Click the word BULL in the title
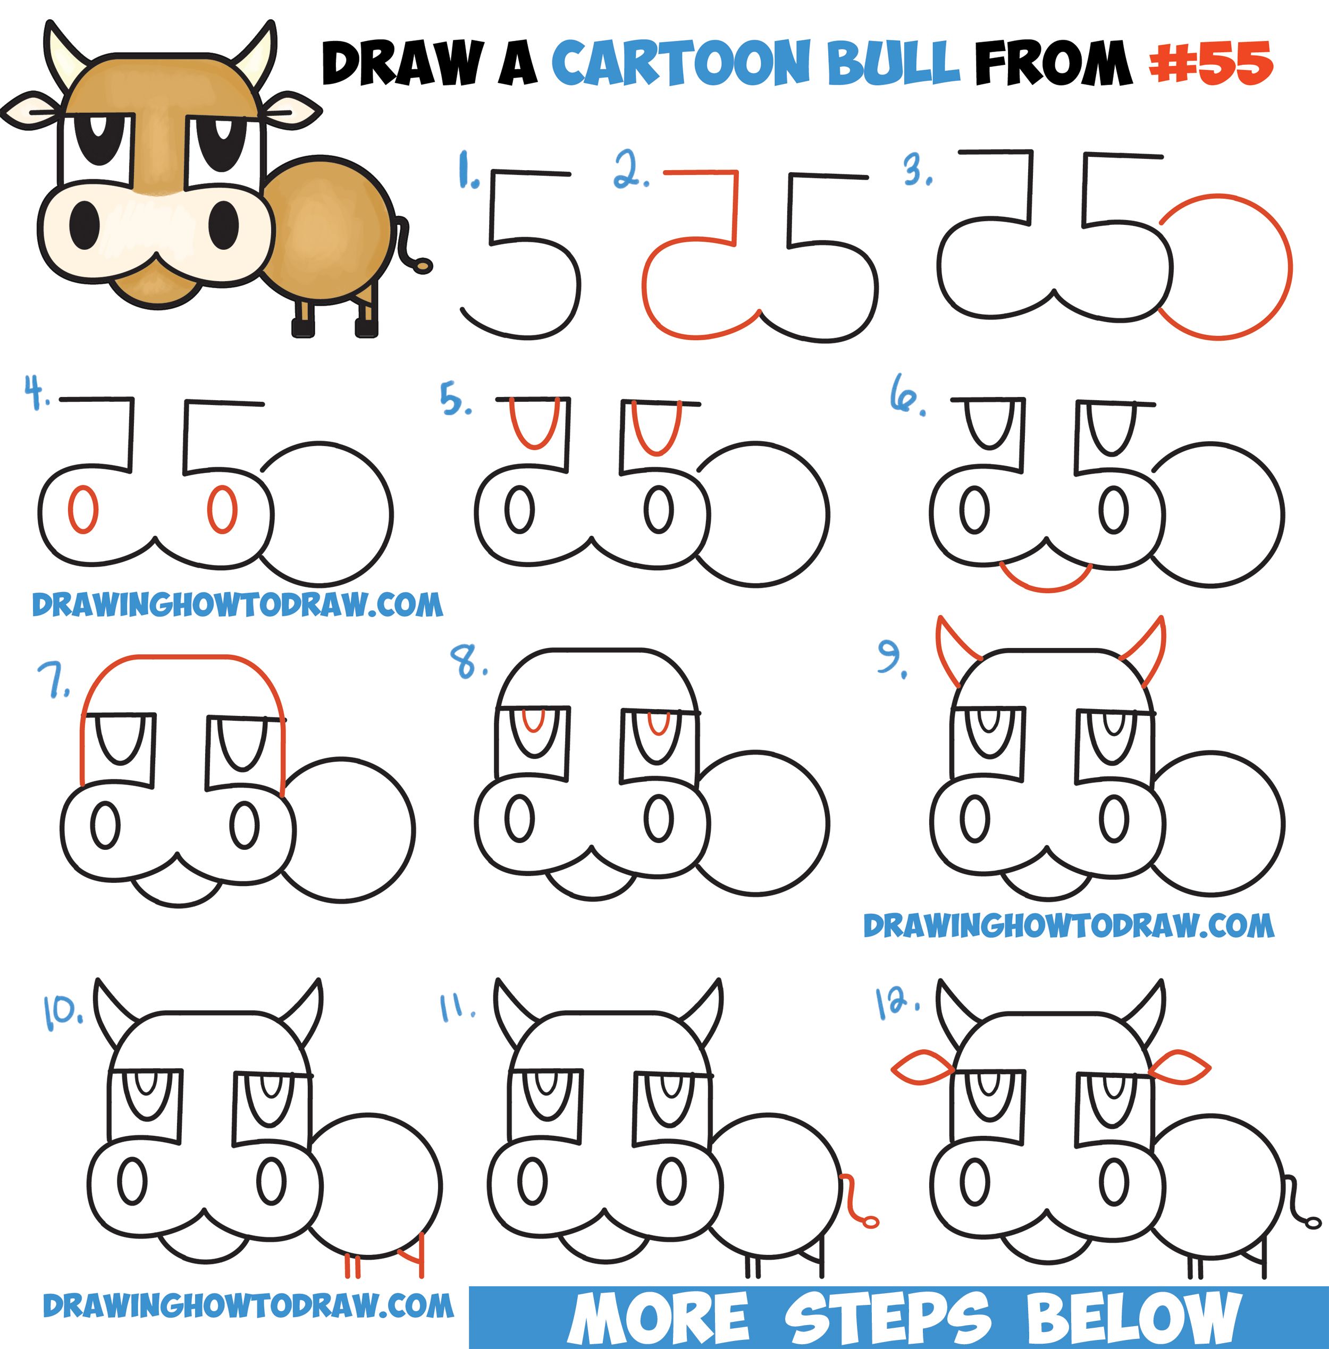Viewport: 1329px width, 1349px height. coord(894,63)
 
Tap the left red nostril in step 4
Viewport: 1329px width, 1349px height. coord(83,509)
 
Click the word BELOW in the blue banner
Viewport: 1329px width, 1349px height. coord(1131,1317)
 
